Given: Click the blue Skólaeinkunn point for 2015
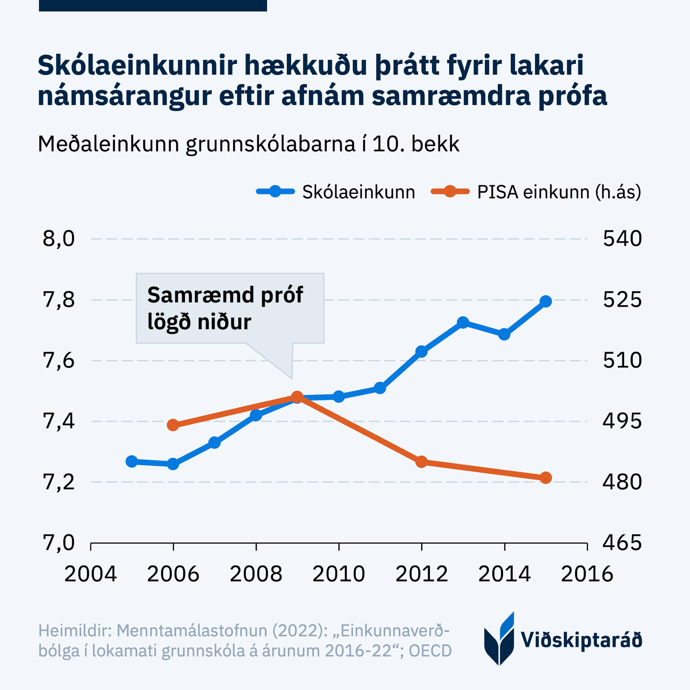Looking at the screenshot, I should click(x=545, y=302).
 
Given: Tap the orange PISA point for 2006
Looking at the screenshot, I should click(x=173, y=425).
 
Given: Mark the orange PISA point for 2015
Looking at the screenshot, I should click(x=546, y=478).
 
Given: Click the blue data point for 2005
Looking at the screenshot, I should click(x=132, y=461).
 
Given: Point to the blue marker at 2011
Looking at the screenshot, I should click(x=380, y=388).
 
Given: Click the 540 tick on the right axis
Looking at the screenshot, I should click(x=622, y=239).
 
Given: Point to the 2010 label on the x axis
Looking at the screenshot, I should click(x=338, y=574).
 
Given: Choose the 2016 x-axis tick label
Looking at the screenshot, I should click(x=587, y=574).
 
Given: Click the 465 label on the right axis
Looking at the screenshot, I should click(x=622, y=543).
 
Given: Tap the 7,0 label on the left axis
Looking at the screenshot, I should click(x=59, y=543).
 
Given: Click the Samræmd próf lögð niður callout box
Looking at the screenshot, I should click(x=230, y=308).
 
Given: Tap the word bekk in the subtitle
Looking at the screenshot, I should click(x=435, y=144).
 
